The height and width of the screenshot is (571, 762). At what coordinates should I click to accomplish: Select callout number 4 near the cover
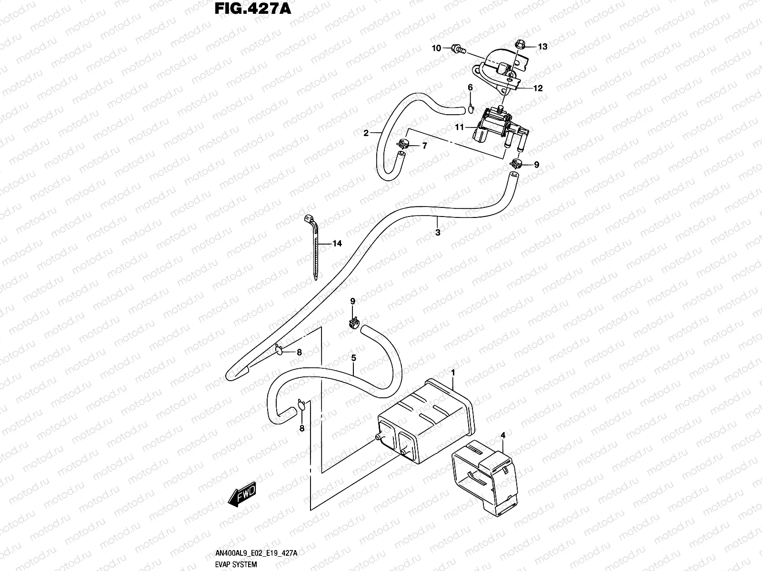[502, 435]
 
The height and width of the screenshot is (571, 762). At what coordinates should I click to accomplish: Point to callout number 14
[337, 244]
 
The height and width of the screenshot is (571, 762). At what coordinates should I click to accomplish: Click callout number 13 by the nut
[542, 47]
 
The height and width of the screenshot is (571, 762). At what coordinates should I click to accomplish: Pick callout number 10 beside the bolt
[436, 48]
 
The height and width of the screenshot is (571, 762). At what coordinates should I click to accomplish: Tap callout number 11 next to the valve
[459, 127]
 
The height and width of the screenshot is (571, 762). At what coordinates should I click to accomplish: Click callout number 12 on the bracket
[538, 88]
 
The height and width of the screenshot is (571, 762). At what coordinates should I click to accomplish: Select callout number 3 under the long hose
[438, 233]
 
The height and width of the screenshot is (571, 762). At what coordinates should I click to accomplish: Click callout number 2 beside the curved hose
[366, 133]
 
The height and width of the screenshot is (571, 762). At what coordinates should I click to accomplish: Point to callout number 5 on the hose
[353, 357]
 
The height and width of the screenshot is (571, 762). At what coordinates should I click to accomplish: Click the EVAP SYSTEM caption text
[236, 565]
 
